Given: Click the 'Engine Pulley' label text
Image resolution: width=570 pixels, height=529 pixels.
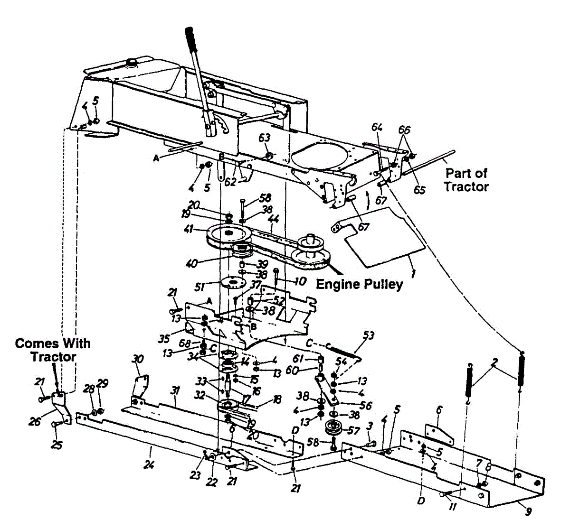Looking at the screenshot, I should click(359, 284).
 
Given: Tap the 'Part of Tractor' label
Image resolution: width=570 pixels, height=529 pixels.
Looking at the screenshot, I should click(466, 180).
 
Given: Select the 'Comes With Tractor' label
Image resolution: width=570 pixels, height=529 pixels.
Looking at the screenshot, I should click(53, 350).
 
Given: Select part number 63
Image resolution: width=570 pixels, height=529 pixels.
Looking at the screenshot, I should click(264, 138).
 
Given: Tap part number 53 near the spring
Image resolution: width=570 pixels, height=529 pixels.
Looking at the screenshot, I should click(368, 336).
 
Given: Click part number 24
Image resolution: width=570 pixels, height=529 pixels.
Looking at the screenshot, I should click(149, 464).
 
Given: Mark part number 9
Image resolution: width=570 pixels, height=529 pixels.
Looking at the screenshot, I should click(529, 512).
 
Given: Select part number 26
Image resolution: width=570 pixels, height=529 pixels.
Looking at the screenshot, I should click(35, 421).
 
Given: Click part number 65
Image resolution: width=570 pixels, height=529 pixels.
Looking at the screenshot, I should click(419, 189).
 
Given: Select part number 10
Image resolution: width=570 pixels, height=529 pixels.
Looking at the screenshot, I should click(301, 281).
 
